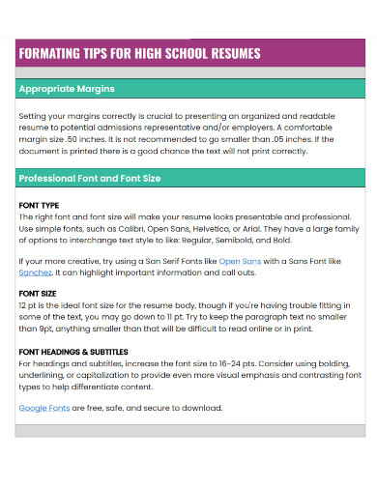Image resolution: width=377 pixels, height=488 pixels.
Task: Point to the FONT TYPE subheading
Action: [39, 206]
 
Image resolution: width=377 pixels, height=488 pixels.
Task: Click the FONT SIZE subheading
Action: [38, 292]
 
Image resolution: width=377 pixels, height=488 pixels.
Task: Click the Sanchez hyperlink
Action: [36, 273]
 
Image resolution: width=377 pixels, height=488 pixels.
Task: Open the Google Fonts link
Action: [43, 408]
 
